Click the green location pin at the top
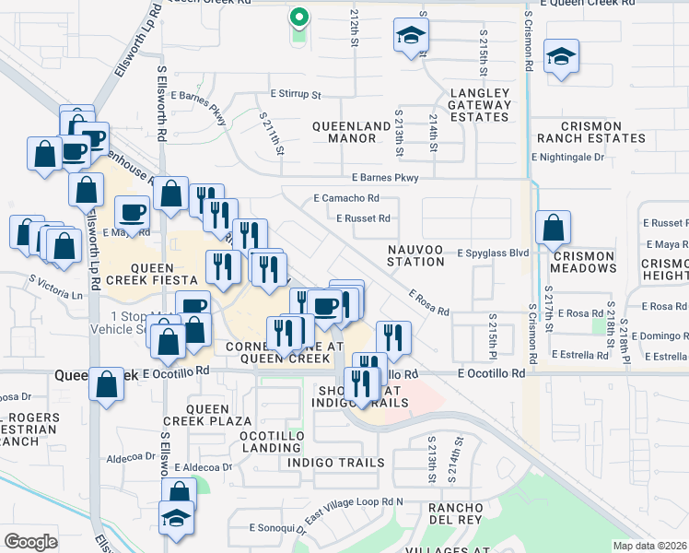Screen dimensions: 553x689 (x=298, y=18)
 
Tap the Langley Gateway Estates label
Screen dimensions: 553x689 (x=480, y=105)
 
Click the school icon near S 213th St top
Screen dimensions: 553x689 (x=411, y=36)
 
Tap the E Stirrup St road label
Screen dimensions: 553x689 (x=295, y=94)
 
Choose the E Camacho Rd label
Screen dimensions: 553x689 (x=346, y=198)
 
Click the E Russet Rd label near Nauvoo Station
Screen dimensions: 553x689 (x=363, y=218)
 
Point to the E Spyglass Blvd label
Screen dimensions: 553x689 (x=493, y=252)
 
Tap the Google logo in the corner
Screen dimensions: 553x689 (x=30, y=541)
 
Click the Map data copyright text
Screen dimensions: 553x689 (x=649, y=546)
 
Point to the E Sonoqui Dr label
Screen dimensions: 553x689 (x=277, y=528)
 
